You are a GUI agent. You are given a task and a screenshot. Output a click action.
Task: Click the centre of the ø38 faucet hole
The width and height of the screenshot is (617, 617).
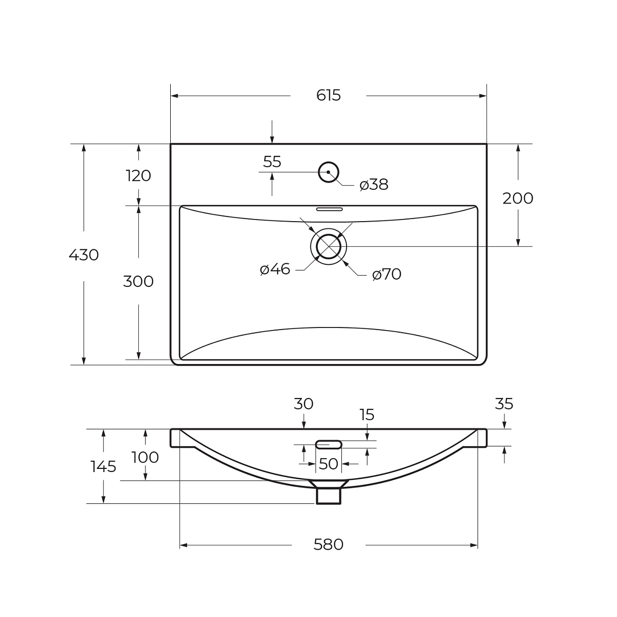[x=329, y=172]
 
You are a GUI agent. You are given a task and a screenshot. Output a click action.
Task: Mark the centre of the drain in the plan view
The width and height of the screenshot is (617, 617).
[x=329, y=247]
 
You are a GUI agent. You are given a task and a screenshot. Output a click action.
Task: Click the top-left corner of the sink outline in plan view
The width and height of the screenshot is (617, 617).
[x=171, y=144]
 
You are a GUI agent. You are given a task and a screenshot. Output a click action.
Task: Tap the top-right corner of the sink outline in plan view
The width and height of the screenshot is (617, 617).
[x=487, y=144]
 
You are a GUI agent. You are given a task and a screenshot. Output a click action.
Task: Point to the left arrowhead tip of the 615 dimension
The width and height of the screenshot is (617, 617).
[x=171, y=96]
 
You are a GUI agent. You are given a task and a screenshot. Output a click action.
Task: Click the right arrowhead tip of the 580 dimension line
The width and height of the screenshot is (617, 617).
[x=478, y=546]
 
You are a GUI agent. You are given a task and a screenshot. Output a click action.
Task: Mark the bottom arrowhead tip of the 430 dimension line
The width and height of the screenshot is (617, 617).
[x=84, y=365]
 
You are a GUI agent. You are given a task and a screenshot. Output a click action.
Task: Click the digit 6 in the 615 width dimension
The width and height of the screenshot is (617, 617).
[x=320, y=95]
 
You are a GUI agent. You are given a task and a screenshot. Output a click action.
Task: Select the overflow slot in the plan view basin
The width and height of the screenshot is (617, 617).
[x=329, y=209]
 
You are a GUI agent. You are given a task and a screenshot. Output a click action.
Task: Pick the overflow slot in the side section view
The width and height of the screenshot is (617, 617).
[x=329, y=444]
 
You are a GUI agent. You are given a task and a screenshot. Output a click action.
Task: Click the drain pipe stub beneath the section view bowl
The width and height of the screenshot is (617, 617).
[x=329, y=496]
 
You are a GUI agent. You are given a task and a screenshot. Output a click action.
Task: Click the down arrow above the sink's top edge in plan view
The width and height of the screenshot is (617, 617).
[x=272, y=132]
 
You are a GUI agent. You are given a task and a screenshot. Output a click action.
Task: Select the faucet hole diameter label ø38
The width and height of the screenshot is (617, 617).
[x=374, y=185]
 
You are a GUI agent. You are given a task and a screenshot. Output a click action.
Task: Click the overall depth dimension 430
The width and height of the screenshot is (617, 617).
[x=84, y=255]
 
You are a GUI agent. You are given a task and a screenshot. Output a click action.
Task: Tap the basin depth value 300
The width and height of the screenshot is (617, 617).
[x=138, y=282]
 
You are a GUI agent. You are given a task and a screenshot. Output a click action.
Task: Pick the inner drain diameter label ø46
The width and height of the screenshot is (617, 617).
[x=275, y=269]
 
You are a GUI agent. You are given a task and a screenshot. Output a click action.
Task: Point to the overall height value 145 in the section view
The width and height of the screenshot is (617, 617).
[x=103, y=466]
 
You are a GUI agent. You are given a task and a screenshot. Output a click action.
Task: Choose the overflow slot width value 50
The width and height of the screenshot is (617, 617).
[x=329, y=464]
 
